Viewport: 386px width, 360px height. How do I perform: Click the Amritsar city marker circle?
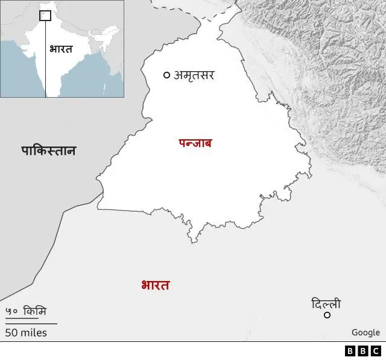(166, 75)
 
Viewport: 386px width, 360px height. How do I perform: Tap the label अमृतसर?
(194, 75)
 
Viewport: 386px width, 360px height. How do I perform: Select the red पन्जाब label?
(195, 144)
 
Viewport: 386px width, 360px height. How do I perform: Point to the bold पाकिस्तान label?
(49, 151)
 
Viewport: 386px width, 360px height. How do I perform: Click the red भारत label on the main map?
(155, 285)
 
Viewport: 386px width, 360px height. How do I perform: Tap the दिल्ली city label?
(326, 303)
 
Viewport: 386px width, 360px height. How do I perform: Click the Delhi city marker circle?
(327, 315)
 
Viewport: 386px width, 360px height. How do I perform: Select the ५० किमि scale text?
(26, 312)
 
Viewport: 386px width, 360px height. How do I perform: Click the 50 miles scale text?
(26, 332)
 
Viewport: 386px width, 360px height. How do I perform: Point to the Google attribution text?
(365, 332)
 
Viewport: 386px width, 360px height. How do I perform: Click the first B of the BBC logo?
(350, 351)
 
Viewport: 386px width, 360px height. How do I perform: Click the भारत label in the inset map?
(60, 49)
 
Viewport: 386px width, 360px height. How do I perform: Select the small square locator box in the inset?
(45, 15)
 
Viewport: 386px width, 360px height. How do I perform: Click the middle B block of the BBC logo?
(362, 351)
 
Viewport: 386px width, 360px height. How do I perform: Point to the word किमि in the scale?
(35, 312)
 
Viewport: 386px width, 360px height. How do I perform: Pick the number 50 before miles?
(11, 332)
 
